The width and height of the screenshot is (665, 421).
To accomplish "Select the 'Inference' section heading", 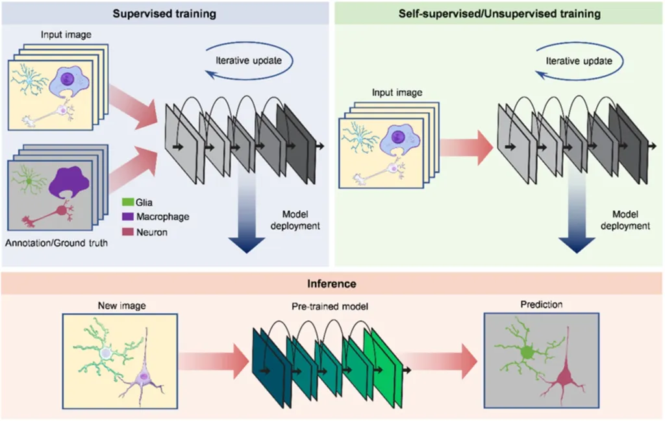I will [332, 283].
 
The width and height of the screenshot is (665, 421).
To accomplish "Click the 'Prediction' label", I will [542, 304].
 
